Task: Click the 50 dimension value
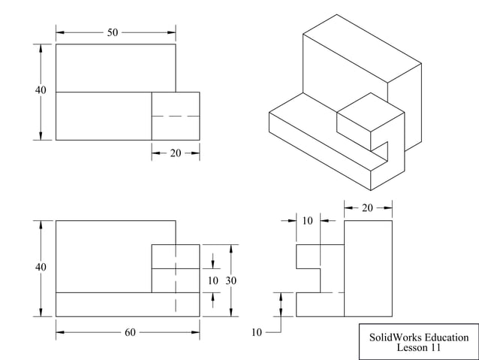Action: [x=113, y=32]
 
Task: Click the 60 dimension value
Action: [x=130, y=331]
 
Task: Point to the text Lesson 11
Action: [x=419, y=348]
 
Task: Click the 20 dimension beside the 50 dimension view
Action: [x=176, y=153]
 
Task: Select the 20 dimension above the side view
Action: [x=367, y=208]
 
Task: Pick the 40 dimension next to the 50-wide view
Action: [x=41, y=91]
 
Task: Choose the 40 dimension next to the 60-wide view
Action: [x=41, y=268]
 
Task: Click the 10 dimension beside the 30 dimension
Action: [x=213, y=280]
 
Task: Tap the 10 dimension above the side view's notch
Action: [x=308, y=220]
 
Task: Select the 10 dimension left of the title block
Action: [x=257, y=331]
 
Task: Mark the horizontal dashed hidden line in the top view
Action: [x=176, y=116]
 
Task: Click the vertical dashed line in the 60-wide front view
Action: [x=176, y=278]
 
